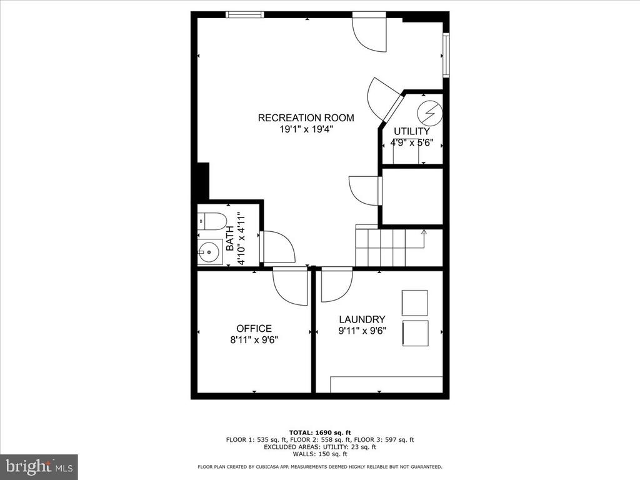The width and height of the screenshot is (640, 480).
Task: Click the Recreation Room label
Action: click(306, 118)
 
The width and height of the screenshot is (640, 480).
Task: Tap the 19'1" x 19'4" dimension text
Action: click(306, 129)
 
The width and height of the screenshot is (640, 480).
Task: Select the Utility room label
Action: click(412, 131)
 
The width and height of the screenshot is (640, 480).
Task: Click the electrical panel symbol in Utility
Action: click(429, 112)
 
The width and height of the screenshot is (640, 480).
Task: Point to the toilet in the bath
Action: click(212, 221)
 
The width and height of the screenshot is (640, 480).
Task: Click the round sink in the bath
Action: click(209, 251)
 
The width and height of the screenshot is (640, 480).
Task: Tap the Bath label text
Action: click(230, 238)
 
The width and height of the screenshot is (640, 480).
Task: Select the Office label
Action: click(254, 329)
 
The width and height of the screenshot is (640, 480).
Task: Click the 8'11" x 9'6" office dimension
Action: click(254, 339)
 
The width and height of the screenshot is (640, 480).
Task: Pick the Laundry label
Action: click(362, 319)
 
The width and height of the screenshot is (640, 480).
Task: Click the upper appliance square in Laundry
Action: click(415, 303)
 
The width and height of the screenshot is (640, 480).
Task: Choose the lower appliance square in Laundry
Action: click(416, 334)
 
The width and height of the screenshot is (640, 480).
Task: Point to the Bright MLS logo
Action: click(39, 466)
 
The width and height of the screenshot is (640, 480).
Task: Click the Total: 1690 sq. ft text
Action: click(320, 432)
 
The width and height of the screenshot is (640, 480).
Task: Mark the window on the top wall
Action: click(245, 15)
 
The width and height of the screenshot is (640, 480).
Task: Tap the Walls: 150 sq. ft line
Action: click(320, 454)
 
